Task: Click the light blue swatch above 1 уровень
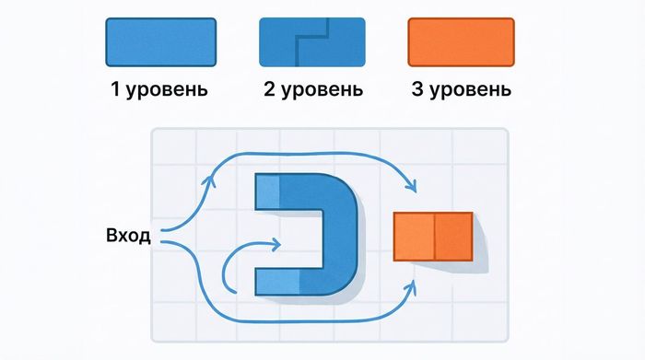pyautogui.click(x=161, y=41)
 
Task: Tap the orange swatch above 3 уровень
pyautogui.click(x=459, y=41)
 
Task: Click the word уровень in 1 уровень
pyautogui.click(x=170, y=90)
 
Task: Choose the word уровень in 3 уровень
pyautogui.click(x=469, y=90)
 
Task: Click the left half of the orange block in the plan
pyautogui.click(x=414, y=235)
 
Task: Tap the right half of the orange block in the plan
pyautogui.click(x=452, y=235)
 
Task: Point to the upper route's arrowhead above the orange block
pyautogui.click(x=412, y=189)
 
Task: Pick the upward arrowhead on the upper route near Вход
pyautogui.click(x=211, y=177)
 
